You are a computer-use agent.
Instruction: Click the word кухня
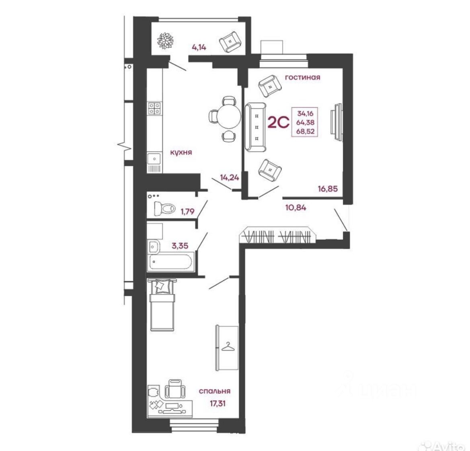(x=181, y=152)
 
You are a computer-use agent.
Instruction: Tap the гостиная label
(x=302, y=77)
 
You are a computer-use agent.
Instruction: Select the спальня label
(x=215, y=391)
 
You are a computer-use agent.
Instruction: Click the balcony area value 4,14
(x=199, y=47)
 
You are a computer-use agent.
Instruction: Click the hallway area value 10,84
(x=296, y=208)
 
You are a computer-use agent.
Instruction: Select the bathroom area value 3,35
(x=180, y=245)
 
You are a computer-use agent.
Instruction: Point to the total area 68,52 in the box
(x=306, y=131)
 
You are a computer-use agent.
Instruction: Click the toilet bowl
(x=165, y=208)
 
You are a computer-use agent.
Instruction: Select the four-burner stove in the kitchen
(x=155, y=108)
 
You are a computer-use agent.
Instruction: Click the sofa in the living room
(x=255, y=128)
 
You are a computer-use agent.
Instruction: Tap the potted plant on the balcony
(x=165, y=41)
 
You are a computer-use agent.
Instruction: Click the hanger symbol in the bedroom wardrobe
(x=227, y=346)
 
